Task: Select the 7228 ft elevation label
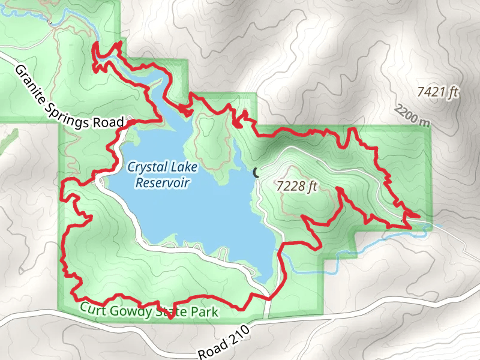[296, 187]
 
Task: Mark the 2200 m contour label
[413, 115]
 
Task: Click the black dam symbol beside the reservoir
[256, 173]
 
